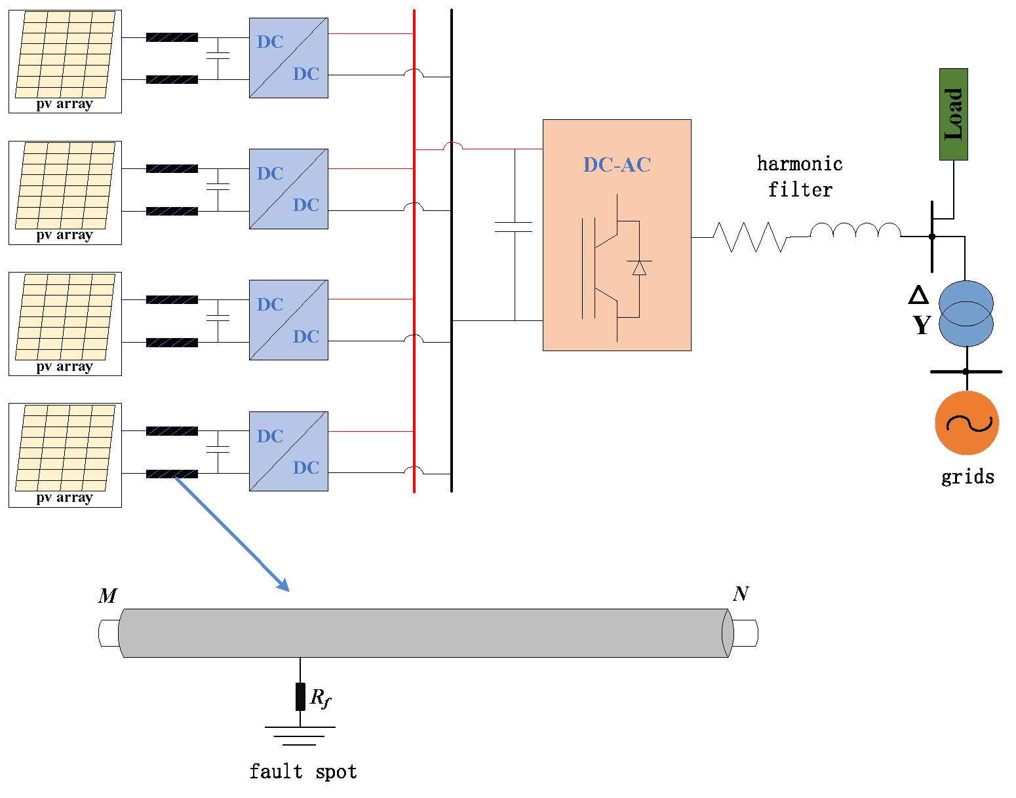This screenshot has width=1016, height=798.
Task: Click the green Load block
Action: coord(953,114)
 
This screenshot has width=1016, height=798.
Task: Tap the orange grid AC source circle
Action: coord(966,423)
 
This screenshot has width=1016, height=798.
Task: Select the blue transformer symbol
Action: coord(966,314)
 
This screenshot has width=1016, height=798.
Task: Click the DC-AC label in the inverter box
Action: coord(617,164)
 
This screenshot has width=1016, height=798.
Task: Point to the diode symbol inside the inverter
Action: coord(638,267)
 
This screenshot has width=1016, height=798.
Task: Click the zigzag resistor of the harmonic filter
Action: coord(750,237)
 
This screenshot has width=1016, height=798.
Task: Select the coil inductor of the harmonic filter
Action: coord(855,231)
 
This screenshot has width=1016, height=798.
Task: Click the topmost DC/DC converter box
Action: coord(288,58)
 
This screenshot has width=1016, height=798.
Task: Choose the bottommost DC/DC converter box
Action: coord(288,451)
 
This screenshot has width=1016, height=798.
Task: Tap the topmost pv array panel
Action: coord(65,61)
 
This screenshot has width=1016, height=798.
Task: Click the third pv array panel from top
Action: coord(65,324)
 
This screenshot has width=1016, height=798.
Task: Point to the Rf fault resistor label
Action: coord(320,698)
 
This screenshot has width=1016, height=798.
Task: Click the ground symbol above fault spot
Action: coord(300,735)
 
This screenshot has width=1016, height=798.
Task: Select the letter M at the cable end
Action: coord(107,596)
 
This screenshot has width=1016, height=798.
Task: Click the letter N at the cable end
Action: coord(741,594)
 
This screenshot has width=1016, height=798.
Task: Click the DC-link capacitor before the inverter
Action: coord(514,227)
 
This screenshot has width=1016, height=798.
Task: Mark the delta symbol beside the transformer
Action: coord(918,295)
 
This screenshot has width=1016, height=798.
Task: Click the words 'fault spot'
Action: coord(303,772)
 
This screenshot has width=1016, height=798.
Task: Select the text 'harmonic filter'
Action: coord(800,176)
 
